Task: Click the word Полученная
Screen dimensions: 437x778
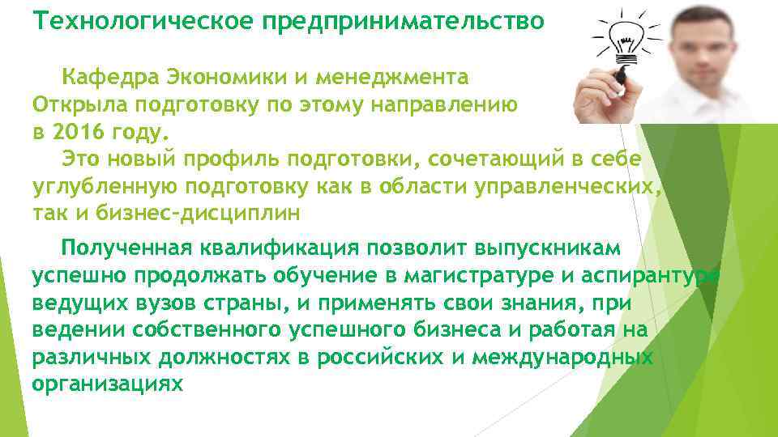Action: (x=135, y=246)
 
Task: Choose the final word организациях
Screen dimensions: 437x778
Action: (x=108, y=384)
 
